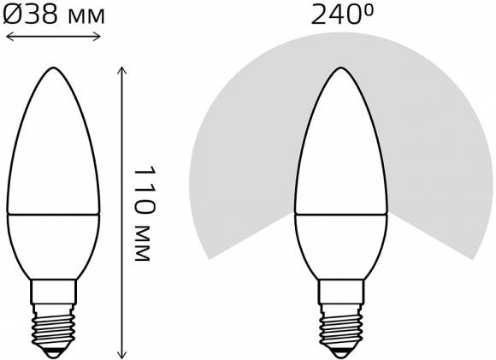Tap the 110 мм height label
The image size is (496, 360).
[145, 213]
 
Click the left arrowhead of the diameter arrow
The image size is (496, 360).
[9, 37]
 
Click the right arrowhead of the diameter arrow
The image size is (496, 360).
[97, 37]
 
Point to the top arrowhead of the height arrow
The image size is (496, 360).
[121, 70]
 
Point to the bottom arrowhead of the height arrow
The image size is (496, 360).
[121, 355]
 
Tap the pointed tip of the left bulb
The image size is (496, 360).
[54, 68]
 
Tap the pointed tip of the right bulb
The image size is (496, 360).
[341, 68]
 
